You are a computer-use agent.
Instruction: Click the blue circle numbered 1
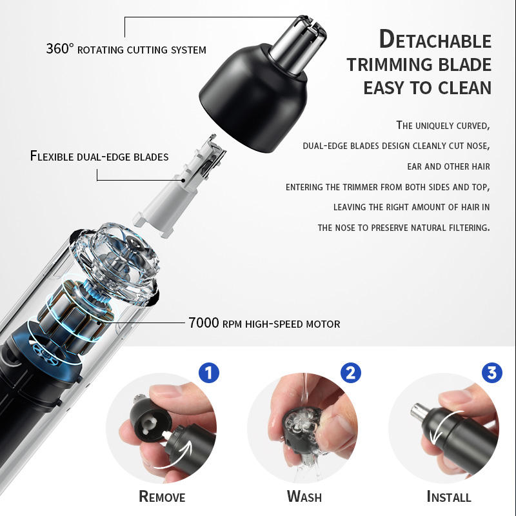[209, 373]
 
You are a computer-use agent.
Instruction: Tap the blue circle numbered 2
[350, 373]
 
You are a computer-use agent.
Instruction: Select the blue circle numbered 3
[492, 373]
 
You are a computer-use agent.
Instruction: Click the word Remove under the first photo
[162, 496]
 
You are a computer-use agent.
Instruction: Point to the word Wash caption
[304, 496]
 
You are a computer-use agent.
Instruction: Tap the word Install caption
[448, 496]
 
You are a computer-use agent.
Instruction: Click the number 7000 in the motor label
[204, 323]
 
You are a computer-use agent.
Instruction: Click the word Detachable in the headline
[435, 39]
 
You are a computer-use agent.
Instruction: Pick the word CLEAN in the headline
[464, 88]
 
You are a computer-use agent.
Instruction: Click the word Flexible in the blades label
[52, 156]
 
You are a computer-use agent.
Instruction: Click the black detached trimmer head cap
[253, 99]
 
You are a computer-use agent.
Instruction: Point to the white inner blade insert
[179, 187]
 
